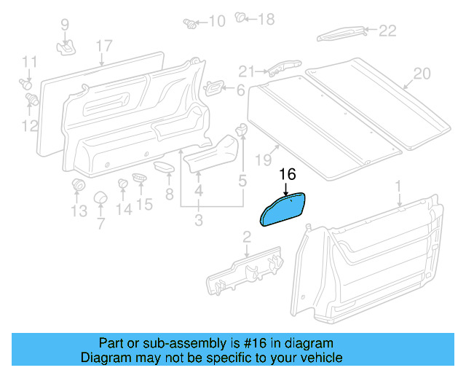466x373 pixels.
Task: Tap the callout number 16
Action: pyautogui.click(x=288, y=175)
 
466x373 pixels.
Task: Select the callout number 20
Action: pyautogui.click(x=422, y=74)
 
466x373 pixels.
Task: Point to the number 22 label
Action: pyautogui.click(x=387, y=30)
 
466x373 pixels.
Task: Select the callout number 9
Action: pyautogui.click(x=65, y=25)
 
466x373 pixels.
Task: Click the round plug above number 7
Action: pyautogui.click(x=100, y=198)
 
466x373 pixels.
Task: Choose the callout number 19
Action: pyautogui.click(x=262, y=160)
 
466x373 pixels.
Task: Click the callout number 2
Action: pyautogui.click(x=246, y=235)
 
